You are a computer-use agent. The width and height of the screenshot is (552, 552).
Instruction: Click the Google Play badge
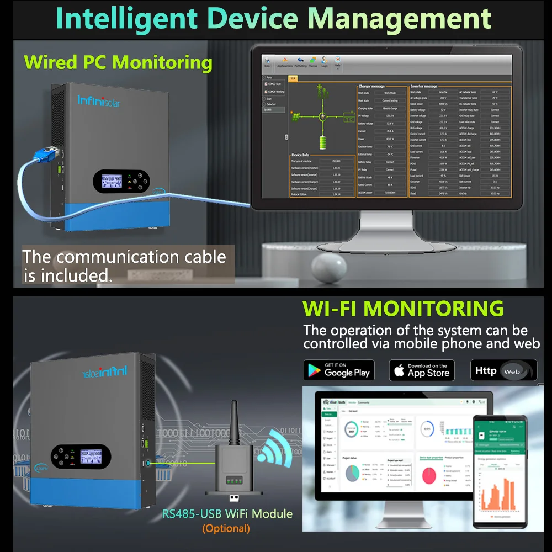coord(339,370)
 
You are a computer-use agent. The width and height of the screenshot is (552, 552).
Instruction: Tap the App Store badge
coord(422,370)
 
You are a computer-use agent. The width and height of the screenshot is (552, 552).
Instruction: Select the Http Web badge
coord(503,370)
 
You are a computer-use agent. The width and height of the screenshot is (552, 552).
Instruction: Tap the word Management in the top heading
coord(399,18)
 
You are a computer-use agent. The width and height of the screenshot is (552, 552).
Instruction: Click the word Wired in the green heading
coord(51,62)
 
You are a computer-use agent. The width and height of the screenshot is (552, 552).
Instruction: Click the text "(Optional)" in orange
coord(226,528)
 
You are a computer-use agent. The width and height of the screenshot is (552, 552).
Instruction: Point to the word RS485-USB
coord(192,514)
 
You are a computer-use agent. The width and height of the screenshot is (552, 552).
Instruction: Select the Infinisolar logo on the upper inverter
coord(99,100)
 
